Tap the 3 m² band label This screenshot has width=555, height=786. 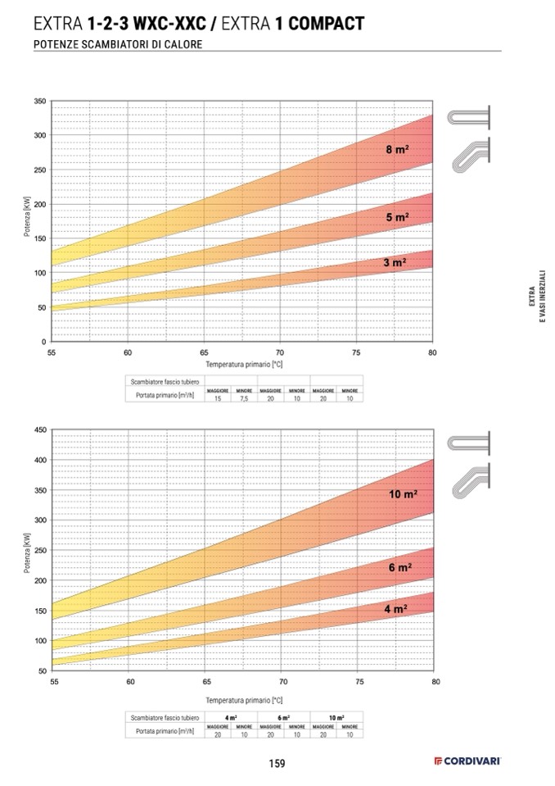point(395,263)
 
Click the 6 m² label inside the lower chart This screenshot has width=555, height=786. point(399,568)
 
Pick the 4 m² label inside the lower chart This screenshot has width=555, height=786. point(395,609)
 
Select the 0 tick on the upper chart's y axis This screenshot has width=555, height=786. point(43,341)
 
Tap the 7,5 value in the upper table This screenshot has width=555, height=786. point(244,398)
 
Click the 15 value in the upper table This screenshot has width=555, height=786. point(218,398)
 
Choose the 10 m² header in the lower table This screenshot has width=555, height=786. point(336,718)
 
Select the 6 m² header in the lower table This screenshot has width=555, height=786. point(283,718)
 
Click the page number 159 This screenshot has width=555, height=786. point(277,764)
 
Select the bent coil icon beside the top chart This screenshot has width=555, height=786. point(470,155)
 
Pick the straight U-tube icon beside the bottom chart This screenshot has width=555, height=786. point(468,442)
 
